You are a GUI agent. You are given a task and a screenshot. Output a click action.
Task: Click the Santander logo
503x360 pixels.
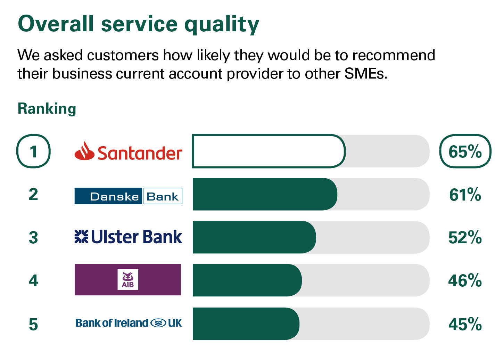[128, 151]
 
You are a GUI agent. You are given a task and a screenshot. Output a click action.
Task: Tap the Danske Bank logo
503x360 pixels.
[128, 196]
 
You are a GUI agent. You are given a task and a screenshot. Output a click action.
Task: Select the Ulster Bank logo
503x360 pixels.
[128, 237]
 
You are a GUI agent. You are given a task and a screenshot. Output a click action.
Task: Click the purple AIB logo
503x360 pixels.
[128, 280]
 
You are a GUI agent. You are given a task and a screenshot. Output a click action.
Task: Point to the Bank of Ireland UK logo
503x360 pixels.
[129, 323]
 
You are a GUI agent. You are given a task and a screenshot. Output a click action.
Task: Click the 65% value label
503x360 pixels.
[465, 152]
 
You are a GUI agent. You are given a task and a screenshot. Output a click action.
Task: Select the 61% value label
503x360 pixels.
[465, 195]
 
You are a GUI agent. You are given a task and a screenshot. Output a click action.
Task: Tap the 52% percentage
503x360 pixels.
[465, 238]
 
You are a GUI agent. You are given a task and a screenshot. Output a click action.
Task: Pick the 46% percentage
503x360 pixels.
[465, 281]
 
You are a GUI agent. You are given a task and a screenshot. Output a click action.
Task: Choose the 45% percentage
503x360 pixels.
[465, 324]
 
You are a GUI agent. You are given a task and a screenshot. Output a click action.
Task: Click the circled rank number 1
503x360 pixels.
[33, 152]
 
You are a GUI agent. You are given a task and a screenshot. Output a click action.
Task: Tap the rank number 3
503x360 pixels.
[33, 238]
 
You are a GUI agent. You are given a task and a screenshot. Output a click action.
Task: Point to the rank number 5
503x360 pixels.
[33, 325]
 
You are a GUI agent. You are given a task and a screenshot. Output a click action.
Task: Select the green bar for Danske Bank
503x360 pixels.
[265, 194]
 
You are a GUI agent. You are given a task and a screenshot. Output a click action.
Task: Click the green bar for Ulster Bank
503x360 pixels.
[254, 237]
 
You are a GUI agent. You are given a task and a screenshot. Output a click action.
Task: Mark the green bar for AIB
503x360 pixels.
[247, 280]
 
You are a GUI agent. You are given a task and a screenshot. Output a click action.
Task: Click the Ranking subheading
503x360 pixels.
[47, 109]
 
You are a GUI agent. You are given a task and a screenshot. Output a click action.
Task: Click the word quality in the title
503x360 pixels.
[222, 25]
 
